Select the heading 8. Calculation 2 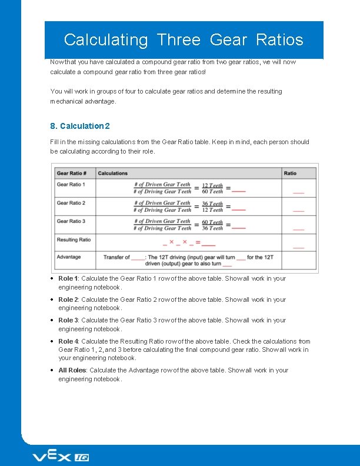tap(80, 126)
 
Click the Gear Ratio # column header tap(72, 173)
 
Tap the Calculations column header tap(112, 173)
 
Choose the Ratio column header tap(290, 173)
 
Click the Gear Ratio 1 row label tap(71, 185)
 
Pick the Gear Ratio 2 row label tap(71, 203)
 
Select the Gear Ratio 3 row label tap(71, 221)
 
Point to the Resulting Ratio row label tap(74, 239)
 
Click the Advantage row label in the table tap(69, 257)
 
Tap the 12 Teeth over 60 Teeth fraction tap(212, 188)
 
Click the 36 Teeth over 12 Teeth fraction tap(212, 207)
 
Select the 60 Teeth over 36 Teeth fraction tap(212, 225)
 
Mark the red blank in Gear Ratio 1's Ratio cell tap(299, 192)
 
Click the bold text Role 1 tap(68, 279)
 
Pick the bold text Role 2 tap(68, 299)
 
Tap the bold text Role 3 tap(68, 321)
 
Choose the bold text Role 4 tap(68, 341)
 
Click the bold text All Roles tap(72, 371)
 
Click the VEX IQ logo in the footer tap(60, 457)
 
